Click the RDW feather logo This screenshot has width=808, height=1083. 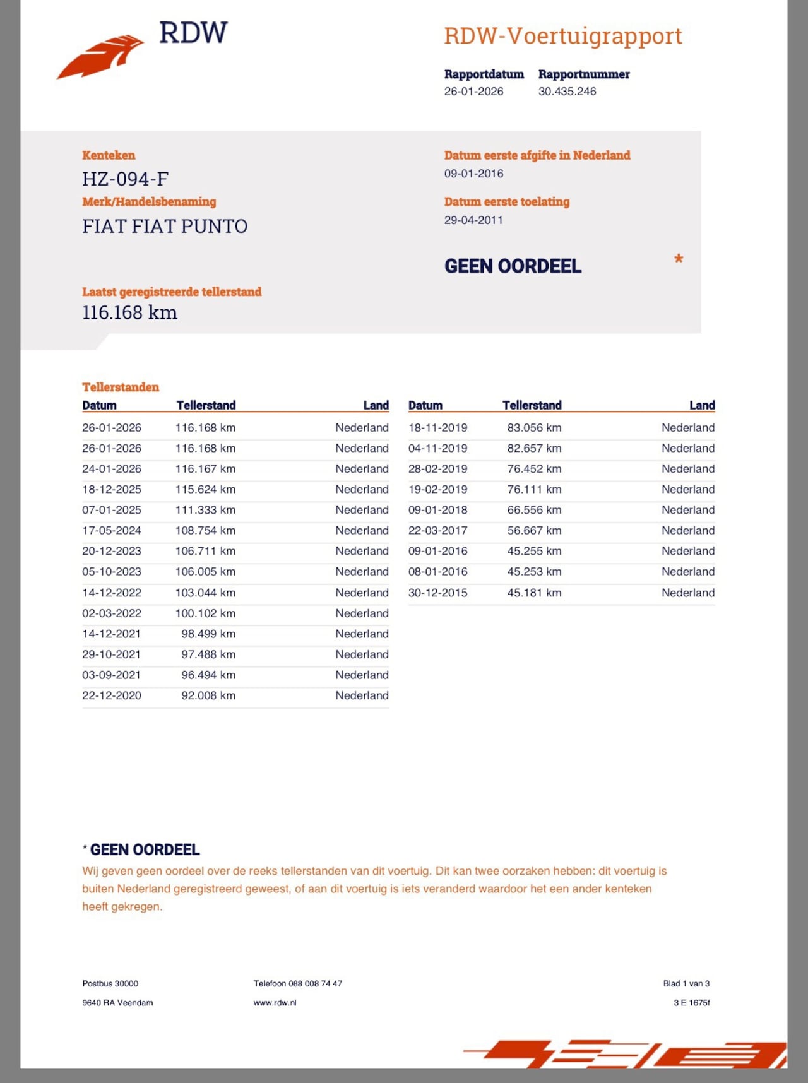(101, 56)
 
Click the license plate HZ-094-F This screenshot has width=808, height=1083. (125, 179)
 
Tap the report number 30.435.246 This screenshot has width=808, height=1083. (567, 92)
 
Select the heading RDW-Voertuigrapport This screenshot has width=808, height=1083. (562, 36)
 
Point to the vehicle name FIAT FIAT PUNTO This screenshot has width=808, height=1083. (165, 226)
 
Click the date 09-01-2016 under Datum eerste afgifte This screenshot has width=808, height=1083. (473, 174)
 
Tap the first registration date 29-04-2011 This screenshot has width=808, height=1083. (473, 220)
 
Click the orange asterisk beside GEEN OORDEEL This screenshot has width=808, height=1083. (679, 259)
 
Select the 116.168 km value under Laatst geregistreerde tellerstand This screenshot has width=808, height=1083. (129, 312)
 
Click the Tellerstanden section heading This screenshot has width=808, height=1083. (121, 387)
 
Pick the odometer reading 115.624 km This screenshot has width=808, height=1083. (205, 489)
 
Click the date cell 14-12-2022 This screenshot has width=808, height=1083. (112, 593)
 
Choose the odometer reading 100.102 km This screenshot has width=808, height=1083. (205, 613)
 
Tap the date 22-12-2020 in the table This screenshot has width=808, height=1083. (112, 695)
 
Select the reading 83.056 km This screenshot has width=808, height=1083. (534, 428)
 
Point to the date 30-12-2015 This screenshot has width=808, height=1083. (438, 593)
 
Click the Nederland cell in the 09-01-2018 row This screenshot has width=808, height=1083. (688, 510)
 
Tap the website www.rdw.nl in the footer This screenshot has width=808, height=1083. (275, 1002)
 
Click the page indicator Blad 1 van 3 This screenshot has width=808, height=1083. (686, 983)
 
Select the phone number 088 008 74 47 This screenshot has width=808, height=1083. (315, 983)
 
